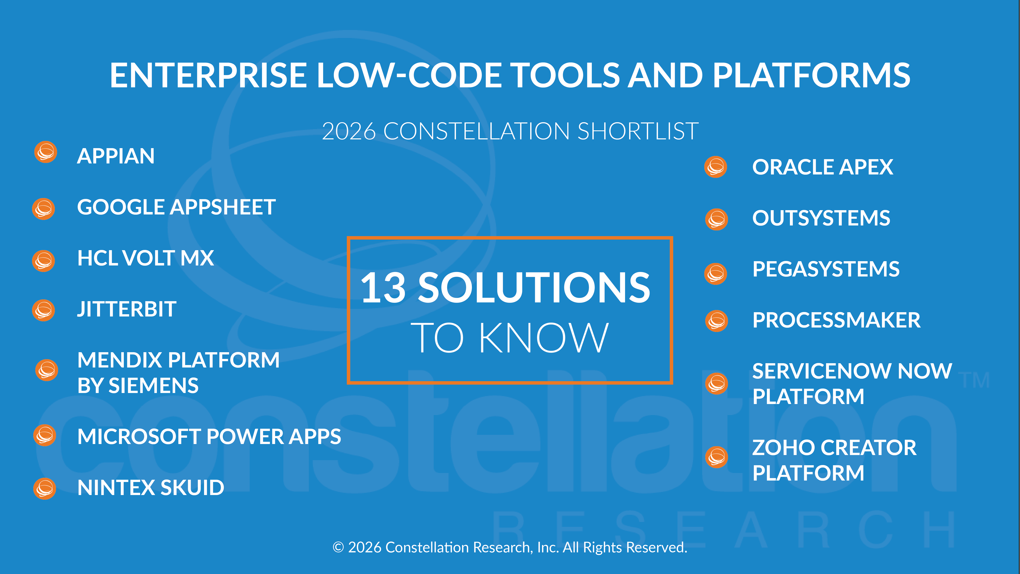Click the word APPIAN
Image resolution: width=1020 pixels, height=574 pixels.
pos(116,156)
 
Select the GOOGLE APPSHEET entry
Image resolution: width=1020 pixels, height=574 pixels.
pos(176,207)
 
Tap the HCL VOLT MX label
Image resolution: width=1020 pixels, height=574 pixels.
pos(145,258)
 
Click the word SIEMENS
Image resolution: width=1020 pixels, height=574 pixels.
pos(153,386)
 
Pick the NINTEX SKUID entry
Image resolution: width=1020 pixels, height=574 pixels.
pos(151,488)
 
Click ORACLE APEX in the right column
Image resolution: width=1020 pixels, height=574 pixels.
pos(822,167)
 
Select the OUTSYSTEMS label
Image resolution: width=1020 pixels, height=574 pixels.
pos(821,218)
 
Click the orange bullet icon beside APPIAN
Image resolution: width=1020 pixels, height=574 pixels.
pos(46,152)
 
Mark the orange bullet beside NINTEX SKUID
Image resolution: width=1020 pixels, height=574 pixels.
pos(45,489)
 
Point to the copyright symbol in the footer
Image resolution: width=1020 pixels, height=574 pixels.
pos(338,547)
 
